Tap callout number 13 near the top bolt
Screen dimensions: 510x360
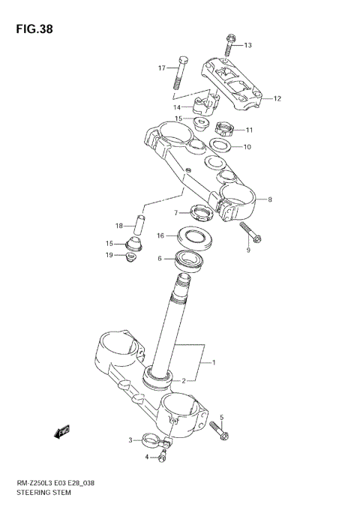coord(248,46)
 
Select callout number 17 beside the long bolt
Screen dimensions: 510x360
coord(161,68)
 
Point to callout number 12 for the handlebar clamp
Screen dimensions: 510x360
coord(277,98)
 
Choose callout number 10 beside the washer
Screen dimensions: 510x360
coord(247,146)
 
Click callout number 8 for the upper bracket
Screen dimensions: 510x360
coord(270,199)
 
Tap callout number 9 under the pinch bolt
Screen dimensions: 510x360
coord(247,250)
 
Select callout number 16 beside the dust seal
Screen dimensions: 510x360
coord(160,235)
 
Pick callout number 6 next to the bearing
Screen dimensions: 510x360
coord(160,259)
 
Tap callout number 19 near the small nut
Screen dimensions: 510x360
coord(109,255)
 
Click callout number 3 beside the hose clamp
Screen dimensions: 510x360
coord(130,440)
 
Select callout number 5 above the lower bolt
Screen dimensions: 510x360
coord(221,417)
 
